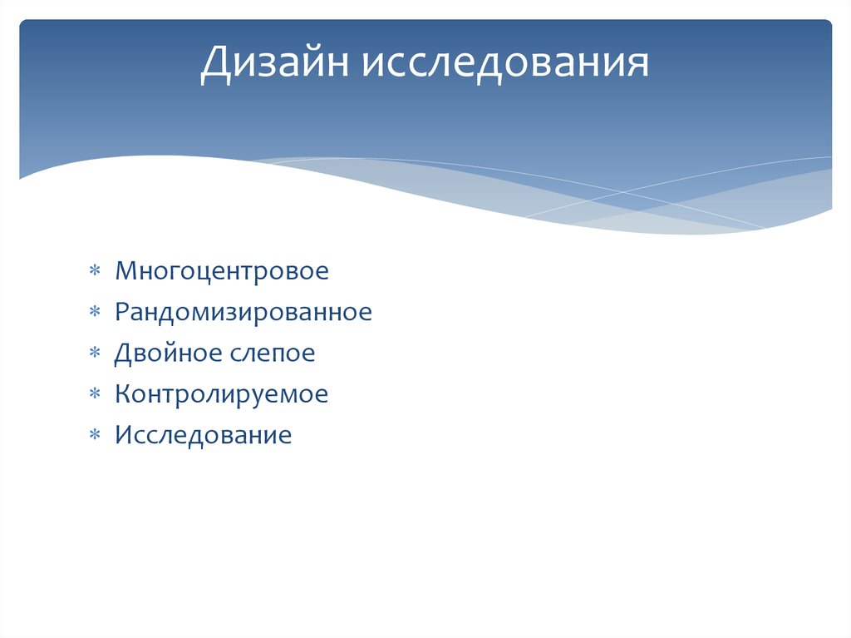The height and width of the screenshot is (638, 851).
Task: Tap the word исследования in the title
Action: pos(504,65)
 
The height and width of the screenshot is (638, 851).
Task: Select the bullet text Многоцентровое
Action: pos(222,271)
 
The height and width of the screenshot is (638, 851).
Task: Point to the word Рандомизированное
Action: pos(243,313)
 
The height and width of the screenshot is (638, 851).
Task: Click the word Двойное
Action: pos(164,354)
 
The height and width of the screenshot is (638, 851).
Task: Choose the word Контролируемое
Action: pos(222,394)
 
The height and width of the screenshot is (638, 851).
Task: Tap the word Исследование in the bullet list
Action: pos(204,435)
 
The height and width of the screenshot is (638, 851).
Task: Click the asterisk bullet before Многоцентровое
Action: pos(96,271)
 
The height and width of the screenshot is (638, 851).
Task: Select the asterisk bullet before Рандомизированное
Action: pos(96,313)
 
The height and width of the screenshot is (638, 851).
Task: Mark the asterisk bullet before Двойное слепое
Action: pos(96,354)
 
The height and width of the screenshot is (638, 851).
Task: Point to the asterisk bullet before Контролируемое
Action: pos(96,394)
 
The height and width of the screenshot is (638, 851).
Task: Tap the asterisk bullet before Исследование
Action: pos(96,435)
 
